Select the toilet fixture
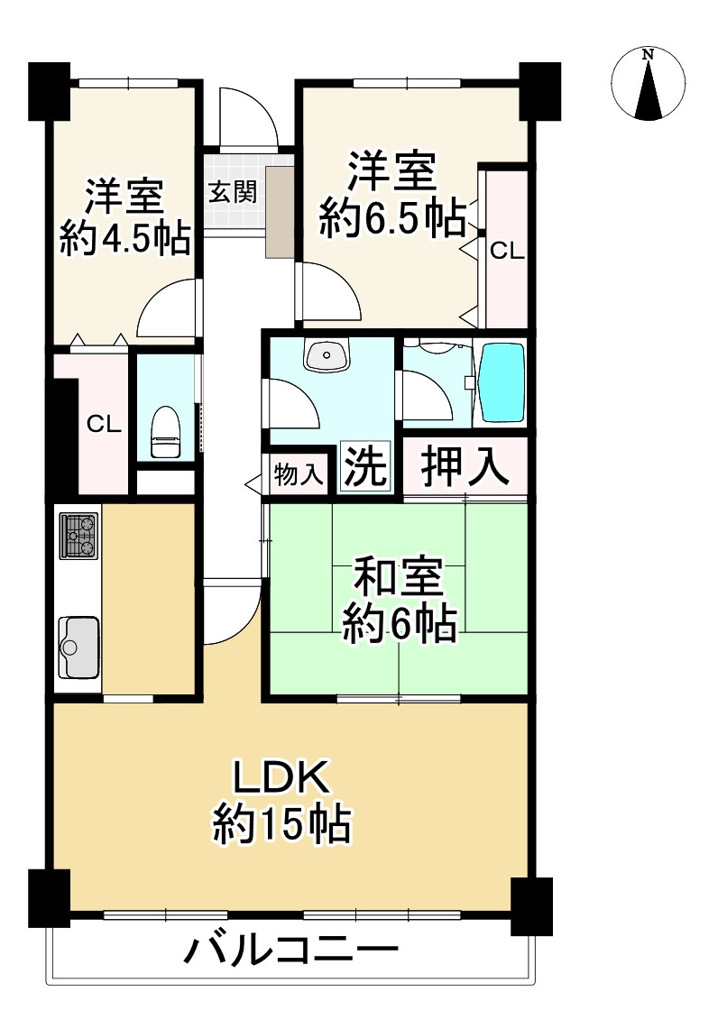[165, 433]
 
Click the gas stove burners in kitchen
[78, 535]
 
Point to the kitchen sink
[78, 646]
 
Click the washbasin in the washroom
[327, 356]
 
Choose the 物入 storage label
[299, 475]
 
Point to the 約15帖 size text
[281, 822]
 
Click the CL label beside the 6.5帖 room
[506, 252]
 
